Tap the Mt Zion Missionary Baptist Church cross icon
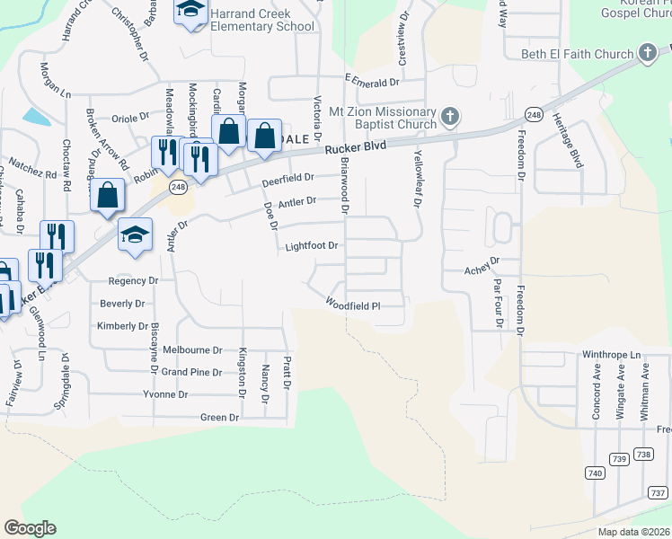coord(450,116)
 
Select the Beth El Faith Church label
coord(578,54)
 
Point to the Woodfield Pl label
coord(353,305)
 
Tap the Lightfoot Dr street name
coord(311,245)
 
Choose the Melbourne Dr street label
coord(193,349)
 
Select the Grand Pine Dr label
coord(191,372)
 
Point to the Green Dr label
coord(219,417)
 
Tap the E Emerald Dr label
coord(370,82)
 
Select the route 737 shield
coord(657,492)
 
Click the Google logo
coord(30,528)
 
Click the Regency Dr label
coord(132,281)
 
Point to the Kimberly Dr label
coord(122,326)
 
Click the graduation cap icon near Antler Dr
coord(135,234)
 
